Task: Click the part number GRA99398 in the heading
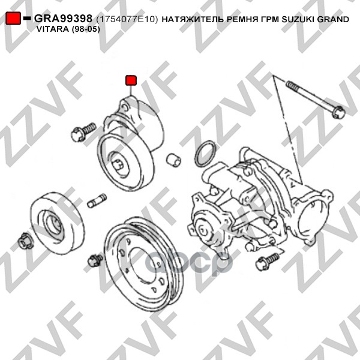point(64,19)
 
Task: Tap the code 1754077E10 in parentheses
point(127,19)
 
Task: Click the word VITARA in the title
point(52,29)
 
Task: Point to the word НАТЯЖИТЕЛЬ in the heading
point(193,20)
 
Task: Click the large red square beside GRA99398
point(13,18)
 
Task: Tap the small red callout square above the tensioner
point(131,80)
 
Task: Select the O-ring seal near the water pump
point(205,154)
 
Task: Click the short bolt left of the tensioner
point(83,132)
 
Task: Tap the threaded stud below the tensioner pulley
point(97,200)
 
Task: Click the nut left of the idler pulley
point(25,241)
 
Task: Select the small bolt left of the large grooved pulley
point(95,260)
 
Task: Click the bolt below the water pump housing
point(268,261)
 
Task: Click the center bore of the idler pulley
point(54,226)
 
